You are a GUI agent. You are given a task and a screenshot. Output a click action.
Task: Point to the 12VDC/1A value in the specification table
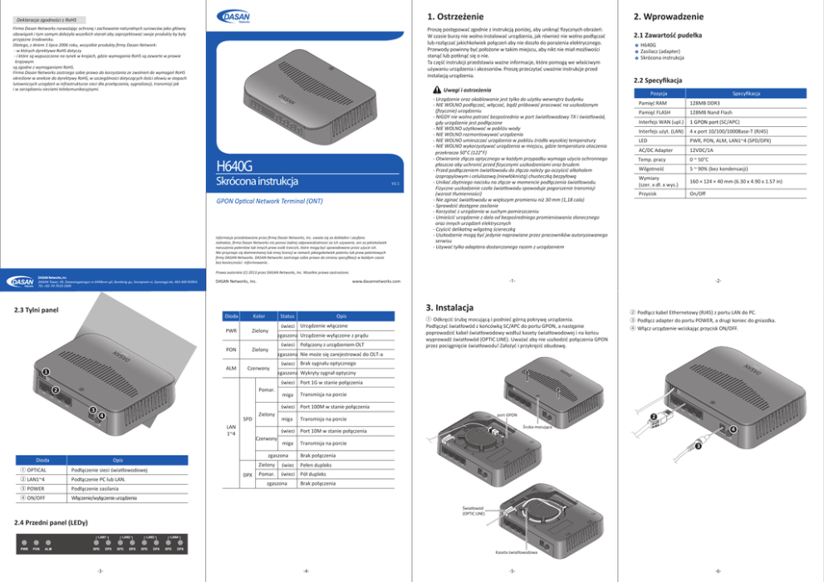[702, 151]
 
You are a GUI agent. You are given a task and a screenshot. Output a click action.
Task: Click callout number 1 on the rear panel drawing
[48, 371]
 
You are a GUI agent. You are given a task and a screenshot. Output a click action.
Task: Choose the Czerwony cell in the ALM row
[258, 368]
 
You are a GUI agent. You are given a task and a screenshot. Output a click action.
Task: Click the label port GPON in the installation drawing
[508, 414]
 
